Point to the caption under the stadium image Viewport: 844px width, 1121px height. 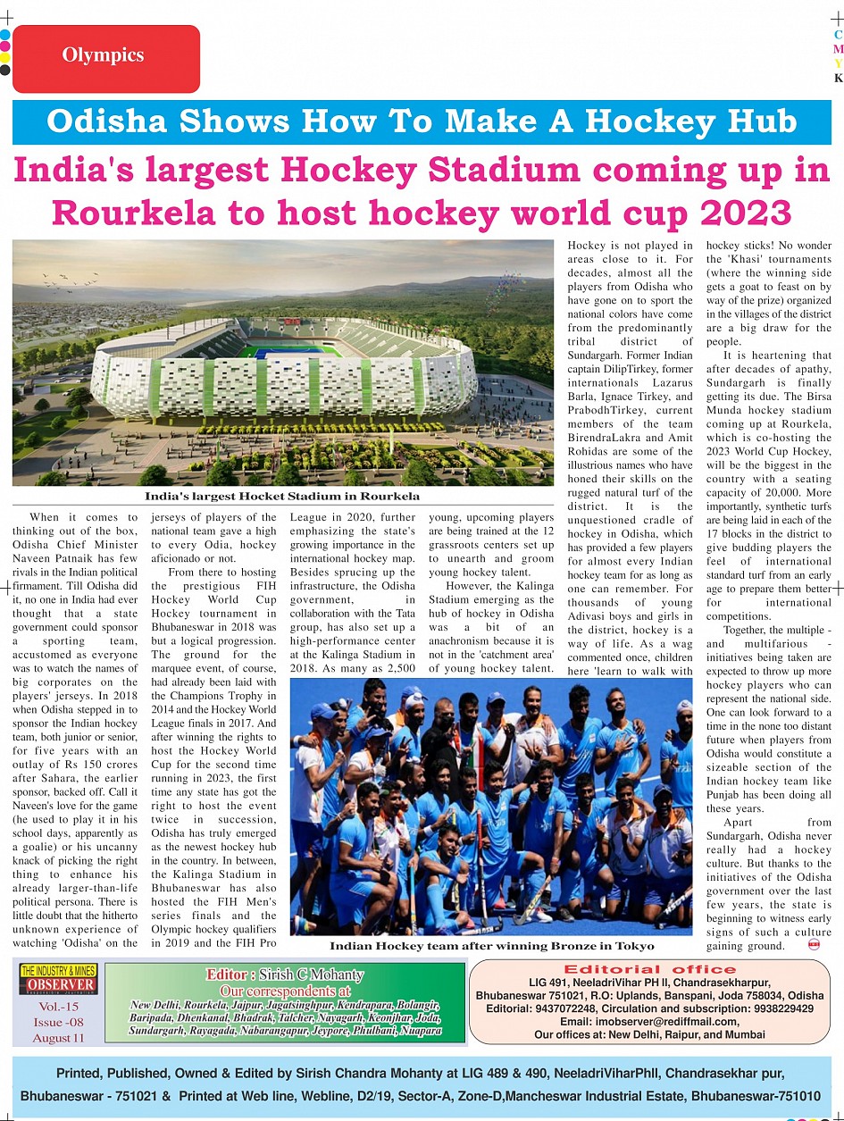[x=282, y=496]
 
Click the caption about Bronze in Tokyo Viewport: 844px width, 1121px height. [x=491, y=945]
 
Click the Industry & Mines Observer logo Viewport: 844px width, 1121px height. [x=58, y=980]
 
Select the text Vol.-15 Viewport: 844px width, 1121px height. [x=58, y=1007]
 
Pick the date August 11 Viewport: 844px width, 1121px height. [x=58, y=1038]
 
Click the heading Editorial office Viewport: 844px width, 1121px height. [x=649, y=969]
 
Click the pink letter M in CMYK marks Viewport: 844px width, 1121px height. [x=838, y=49]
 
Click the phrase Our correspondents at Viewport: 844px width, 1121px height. [x=285, y=991]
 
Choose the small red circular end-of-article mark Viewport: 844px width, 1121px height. [x=814, y=943]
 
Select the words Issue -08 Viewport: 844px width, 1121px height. [x=58, y=1023]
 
